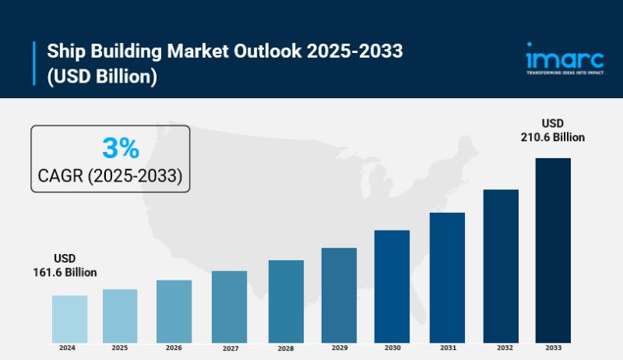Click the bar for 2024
69,319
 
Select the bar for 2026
174,311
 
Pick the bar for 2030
392,286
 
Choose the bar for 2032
501,266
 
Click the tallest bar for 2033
553,250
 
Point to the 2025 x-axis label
120,348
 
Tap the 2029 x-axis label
339,348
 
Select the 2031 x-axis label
447,348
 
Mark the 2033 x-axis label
553,348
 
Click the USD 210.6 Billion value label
553,130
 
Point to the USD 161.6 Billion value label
65,265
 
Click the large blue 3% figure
120,147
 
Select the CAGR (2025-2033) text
111,176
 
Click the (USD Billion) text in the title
103,76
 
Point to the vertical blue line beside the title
35,64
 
